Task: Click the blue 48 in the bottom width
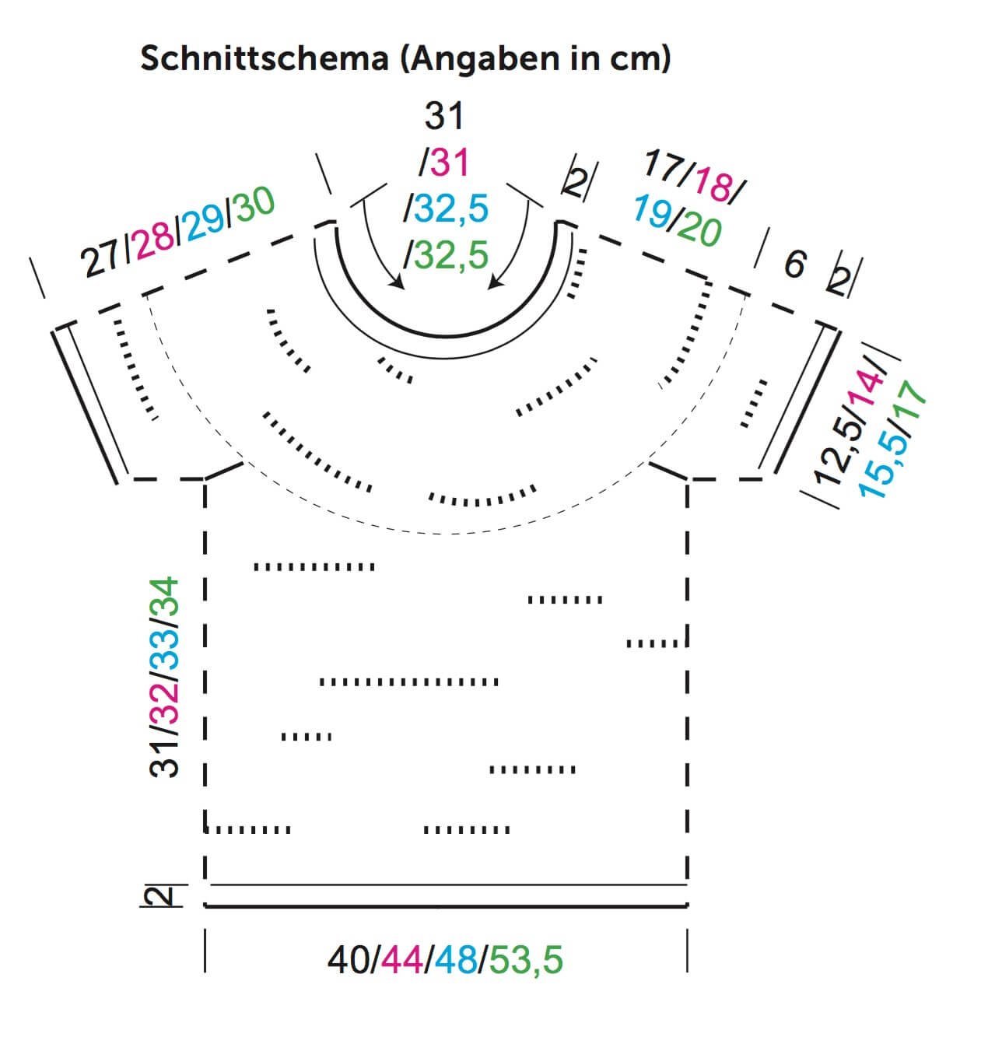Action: pyautogui.click(x=457, y=960)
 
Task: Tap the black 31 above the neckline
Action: pyautogui.click(x=444, y=117)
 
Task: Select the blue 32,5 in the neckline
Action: pyautogui.click(x=448, y=209)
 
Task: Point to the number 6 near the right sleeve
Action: pyautogui.click(x=794, y=265)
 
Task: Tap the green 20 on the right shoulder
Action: pyautogui.click(x=699, y=229)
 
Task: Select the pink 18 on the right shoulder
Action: pyautogui.click(x=713, y=187)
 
